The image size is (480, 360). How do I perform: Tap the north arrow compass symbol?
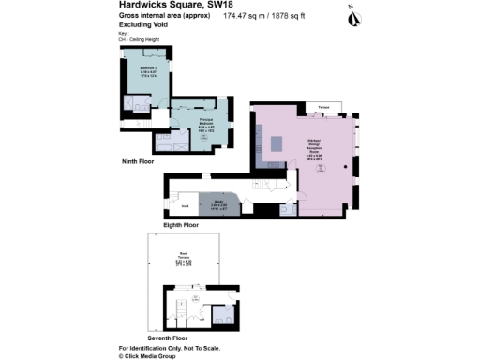coord(352,15)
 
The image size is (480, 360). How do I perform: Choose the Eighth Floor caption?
coord(181,225)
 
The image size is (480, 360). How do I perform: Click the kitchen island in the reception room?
coord(278,143)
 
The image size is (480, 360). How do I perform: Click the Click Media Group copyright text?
coord(149,356)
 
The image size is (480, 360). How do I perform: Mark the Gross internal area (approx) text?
coord(163,17)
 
